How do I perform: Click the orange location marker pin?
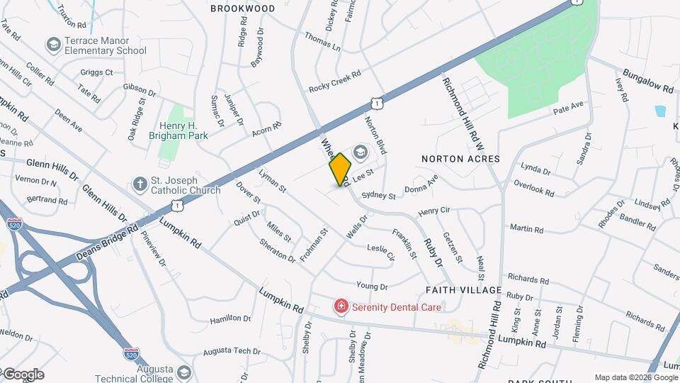(x=340, y=169)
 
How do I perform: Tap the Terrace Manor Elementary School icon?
(x=52, y=45)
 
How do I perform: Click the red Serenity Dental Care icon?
(x=341, y=307)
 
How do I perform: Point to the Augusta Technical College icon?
(x=184, y=372)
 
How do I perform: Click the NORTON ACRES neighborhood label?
(x=460, y=159)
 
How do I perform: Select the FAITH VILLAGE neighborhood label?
(x=463, y=290)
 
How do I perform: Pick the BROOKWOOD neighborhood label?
(x=242, y=9)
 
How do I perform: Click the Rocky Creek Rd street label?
(x=335, y=82)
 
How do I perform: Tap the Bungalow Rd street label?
(x=647, y=82)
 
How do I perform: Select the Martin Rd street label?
(x=526, y=229)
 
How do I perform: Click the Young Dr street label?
(x=372, y=287)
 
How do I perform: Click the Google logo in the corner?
(x=23, y=374)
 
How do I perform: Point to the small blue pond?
(x=660, y=111)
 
